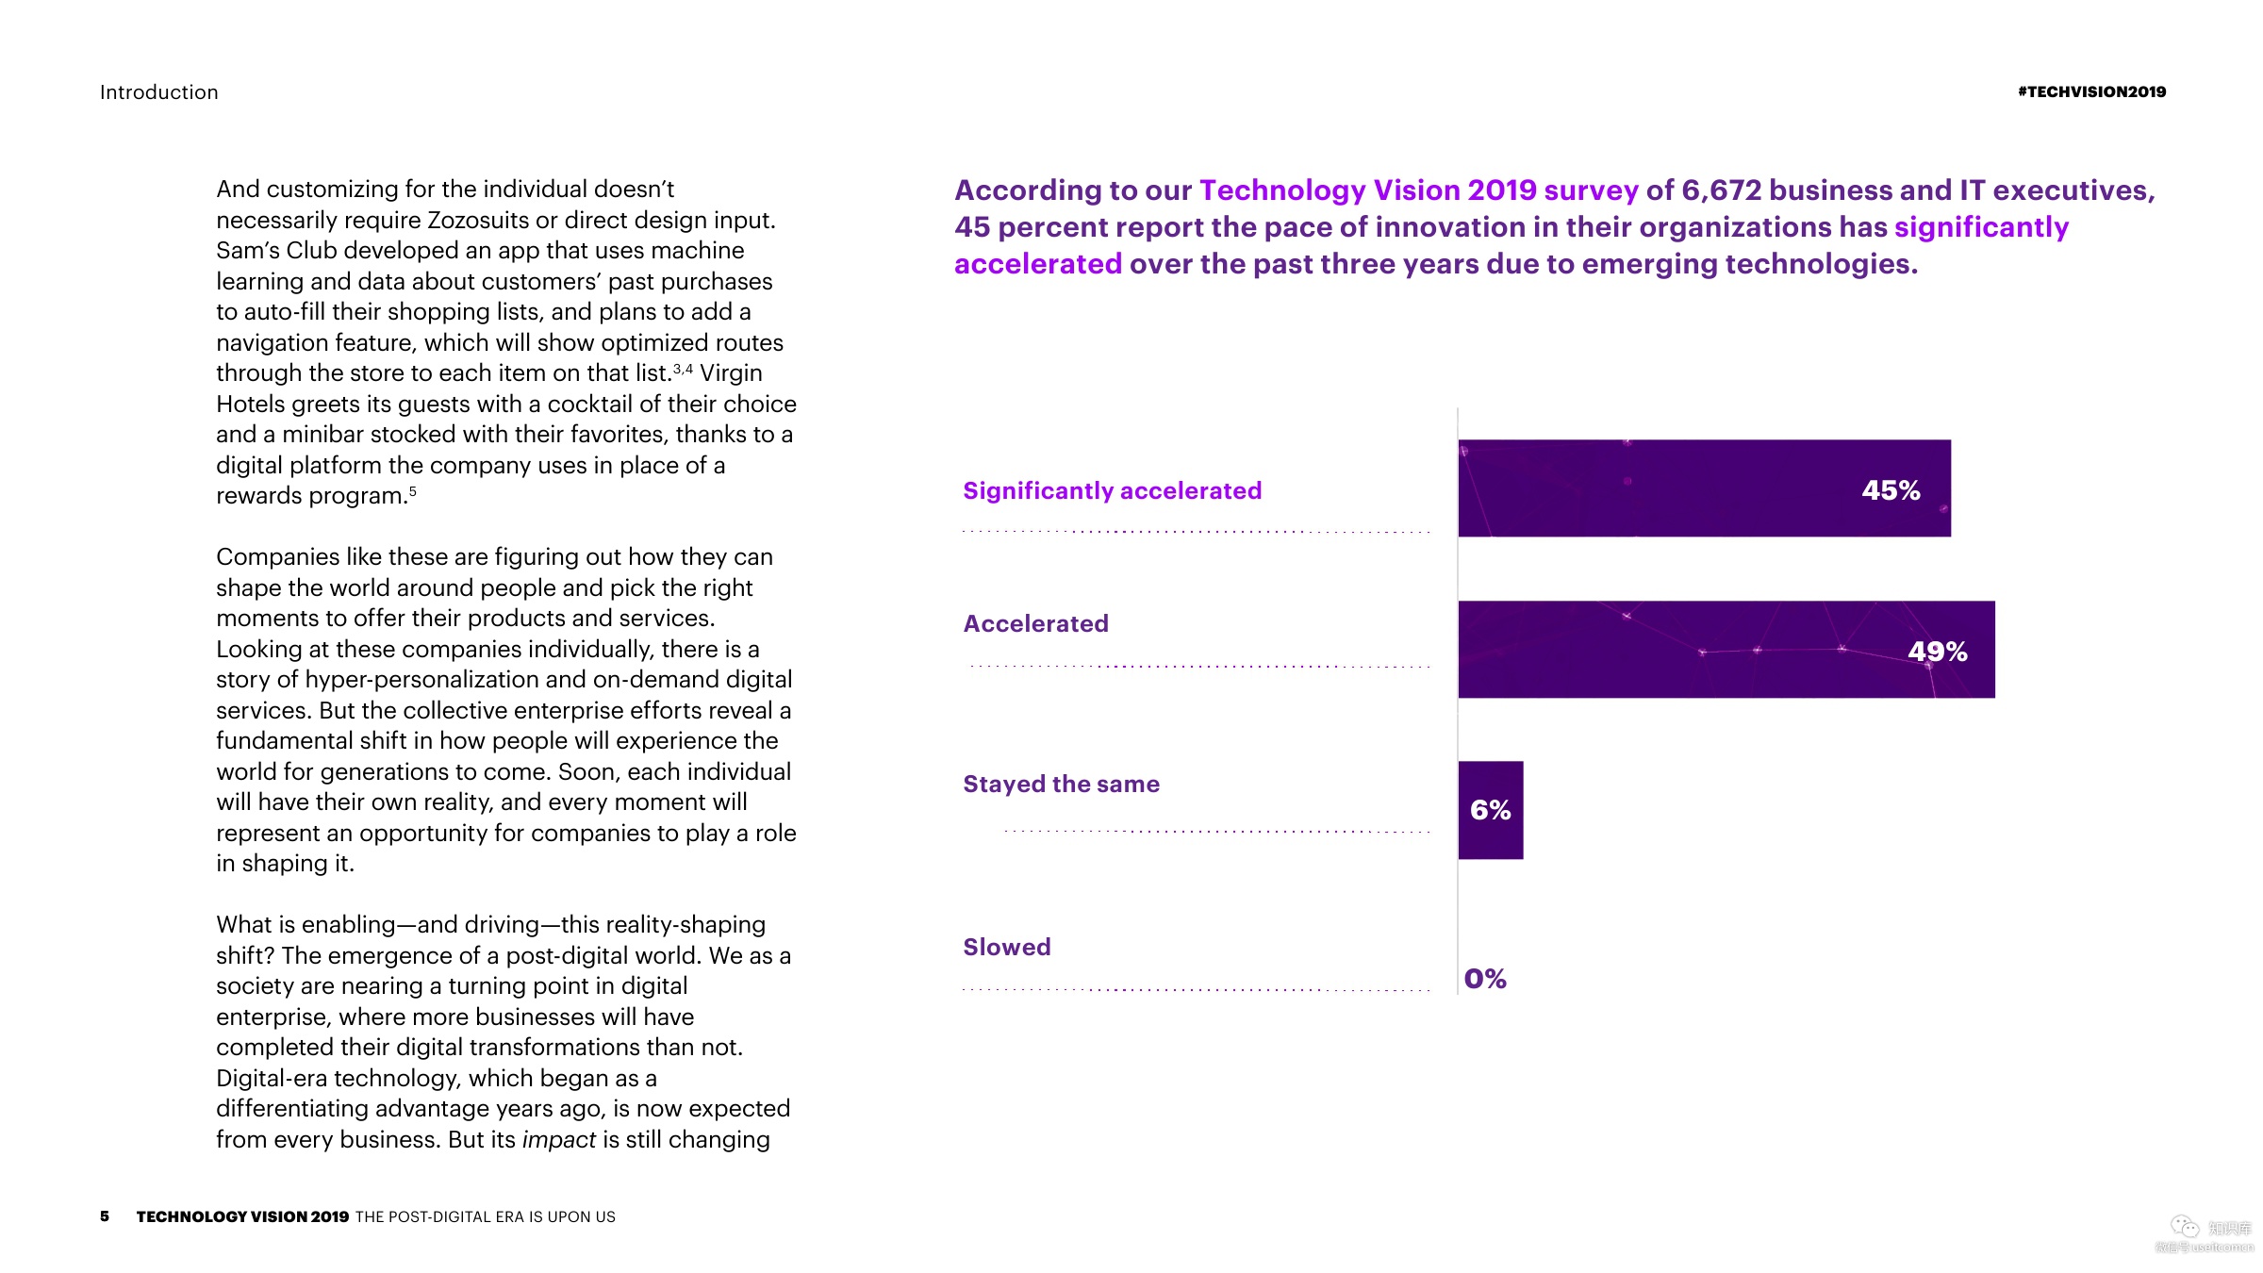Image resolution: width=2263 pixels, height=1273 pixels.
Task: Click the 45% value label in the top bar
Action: coord(1890,490)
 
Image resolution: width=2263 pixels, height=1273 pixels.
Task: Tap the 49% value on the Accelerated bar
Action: coord(1937,652)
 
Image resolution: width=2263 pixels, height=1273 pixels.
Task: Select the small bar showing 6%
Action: coord(1490,810)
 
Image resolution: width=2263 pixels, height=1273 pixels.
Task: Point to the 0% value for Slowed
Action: coord(1485,979)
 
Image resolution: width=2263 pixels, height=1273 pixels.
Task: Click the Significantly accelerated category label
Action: coord(1112,490)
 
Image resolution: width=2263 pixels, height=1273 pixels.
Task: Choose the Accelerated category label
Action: coord(1035,623)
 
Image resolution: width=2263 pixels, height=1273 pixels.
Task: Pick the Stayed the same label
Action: coord(1061,784)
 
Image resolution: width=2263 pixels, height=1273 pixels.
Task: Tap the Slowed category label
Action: coord(1006,947)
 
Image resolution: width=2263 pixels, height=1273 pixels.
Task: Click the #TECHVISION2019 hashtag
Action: coord(2091,91)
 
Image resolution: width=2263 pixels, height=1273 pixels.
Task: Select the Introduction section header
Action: coord(159,92)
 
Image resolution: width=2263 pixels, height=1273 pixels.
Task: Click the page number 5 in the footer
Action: coord(105,1216)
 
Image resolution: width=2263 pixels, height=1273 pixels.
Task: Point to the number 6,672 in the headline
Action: coord(1721,190)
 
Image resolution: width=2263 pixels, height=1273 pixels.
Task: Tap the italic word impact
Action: coord(558,1140)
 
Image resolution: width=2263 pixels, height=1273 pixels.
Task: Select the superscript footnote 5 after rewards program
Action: coord(413,491)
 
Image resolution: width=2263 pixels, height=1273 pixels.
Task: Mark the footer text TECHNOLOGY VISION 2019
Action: coord(242,1216)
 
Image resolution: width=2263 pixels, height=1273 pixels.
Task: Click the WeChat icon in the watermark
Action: coord(2184,1226)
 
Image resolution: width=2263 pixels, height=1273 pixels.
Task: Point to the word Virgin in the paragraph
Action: coord(731,373)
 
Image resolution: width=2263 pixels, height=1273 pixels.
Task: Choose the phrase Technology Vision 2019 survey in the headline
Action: coord(1418,190)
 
